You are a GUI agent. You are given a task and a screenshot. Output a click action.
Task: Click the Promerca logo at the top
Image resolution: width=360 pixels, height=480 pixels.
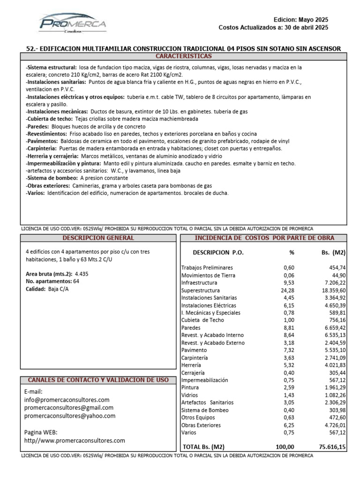(73, 24)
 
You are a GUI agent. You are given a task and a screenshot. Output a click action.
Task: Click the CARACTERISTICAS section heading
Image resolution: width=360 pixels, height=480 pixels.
(183, 56)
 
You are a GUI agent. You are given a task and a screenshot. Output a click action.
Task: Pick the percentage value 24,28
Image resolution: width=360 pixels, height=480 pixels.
(288, 291)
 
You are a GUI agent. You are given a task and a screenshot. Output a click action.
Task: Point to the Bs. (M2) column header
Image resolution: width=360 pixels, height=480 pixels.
(333, 253)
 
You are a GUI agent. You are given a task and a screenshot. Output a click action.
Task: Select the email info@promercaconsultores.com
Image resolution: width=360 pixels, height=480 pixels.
(67, 400)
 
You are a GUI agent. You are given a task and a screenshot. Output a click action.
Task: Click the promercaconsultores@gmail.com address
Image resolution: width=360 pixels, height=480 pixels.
(70, 408)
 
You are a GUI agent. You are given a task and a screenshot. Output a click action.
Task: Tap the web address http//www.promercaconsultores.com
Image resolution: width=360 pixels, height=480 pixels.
(75, 441)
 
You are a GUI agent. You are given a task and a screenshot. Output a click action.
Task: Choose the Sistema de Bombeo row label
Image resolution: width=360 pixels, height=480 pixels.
(205, 410)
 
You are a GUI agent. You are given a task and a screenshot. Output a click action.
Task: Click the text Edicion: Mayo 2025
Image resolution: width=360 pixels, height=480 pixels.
(301, 20)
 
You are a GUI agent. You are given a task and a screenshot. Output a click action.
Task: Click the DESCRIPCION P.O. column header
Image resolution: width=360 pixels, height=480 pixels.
(218, 253)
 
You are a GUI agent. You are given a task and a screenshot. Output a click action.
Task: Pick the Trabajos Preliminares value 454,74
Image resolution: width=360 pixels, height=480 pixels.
(337, 268)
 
